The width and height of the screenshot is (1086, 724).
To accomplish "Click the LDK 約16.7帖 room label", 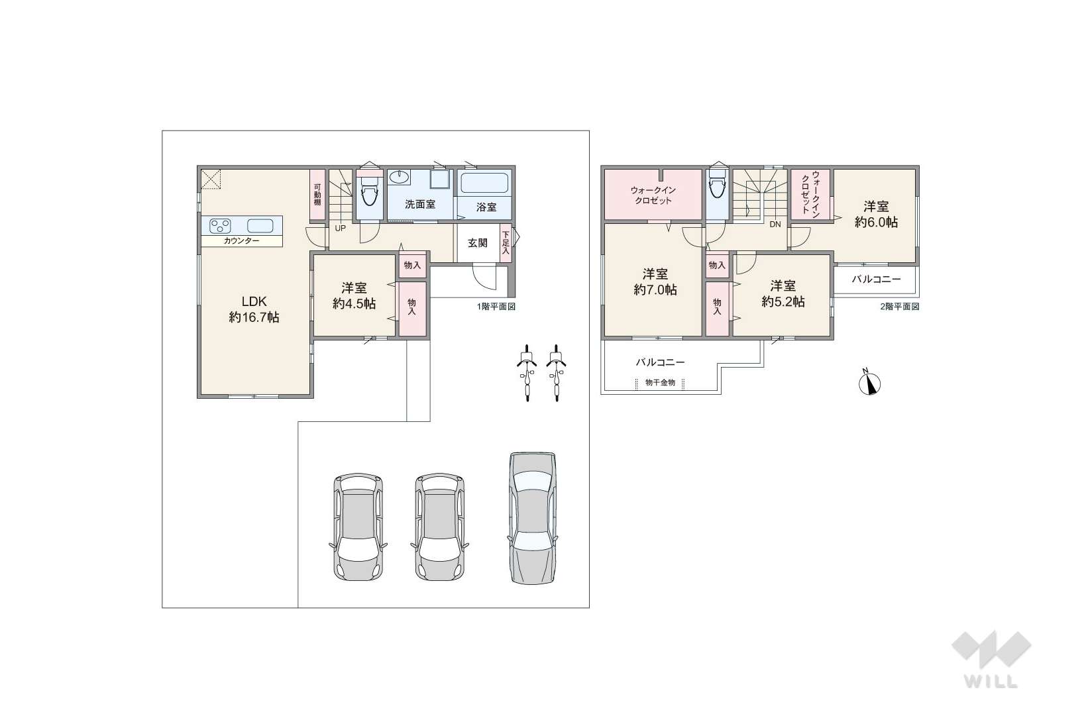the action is pyautogui.click(x=254, y=309).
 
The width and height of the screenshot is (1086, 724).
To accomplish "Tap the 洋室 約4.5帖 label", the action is pyautogui.click(x=354, y=295).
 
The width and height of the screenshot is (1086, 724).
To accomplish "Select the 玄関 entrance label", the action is pyautogui.click(x=478, y=243).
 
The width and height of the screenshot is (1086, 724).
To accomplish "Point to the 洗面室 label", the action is pyautogui.click(x=420, y=205).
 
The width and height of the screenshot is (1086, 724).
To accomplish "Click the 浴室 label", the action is pyautogui.click(x=486, y=207).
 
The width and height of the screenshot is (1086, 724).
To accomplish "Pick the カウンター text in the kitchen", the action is pyautogui.click(x=241, y=241).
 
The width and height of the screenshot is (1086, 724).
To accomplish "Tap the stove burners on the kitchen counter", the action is pyautogui.click(x=219, y=226).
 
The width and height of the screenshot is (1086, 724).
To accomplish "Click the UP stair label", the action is pyautogui.click(x=341, y=228).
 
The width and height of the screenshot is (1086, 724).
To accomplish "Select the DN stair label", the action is pyautogui.click(x=775, y=225).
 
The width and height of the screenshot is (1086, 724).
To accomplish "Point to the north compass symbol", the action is pyautogui.click(x=870, y=383).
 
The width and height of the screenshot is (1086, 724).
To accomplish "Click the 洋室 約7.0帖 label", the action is pyautogui.click(x=655, y=282).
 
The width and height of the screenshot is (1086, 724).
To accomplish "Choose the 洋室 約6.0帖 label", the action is pyautogui.click(x=876, y=214).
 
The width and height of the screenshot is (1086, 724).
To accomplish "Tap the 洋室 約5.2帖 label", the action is pyautogui.click(x=783, y=293).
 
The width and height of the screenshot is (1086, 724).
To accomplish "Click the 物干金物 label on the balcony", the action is pyautogui.click(x=661, y=382).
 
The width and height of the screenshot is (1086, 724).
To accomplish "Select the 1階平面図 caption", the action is pyautogui.click(x=496, y=306).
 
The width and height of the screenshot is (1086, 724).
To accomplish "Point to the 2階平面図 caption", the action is pyautogui.click(x=900, y=306).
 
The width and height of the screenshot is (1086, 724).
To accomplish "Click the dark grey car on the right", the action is pyautogui.click(x=532, y=518).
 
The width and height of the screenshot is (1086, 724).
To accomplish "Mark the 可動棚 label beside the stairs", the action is pyautogui.click(x=317, y=195).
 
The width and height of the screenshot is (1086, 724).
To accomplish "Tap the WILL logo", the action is pyautogui.click(x=991, y=660).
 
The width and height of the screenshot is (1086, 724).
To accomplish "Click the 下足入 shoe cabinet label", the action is pyautogui.click(x=506, y=243).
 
